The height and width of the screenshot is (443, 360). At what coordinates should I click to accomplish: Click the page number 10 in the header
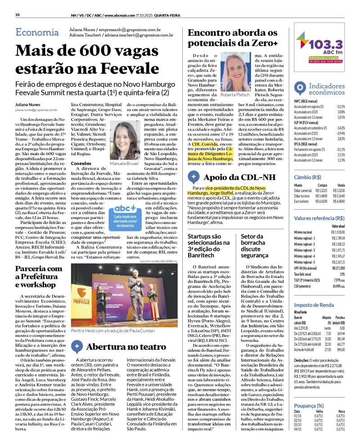(17, 15)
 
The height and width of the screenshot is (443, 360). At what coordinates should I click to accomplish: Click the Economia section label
(36, 32)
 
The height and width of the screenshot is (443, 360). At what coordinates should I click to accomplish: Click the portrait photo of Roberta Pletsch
(236, 72)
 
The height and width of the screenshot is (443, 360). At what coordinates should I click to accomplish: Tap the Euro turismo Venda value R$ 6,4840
(338, 201)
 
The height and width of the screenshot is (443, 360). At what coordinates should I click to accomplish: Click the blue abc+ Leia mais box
(125, 215)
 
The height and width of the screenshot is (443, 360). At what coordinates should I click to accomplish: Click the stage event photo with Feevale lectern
(125, 295)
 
